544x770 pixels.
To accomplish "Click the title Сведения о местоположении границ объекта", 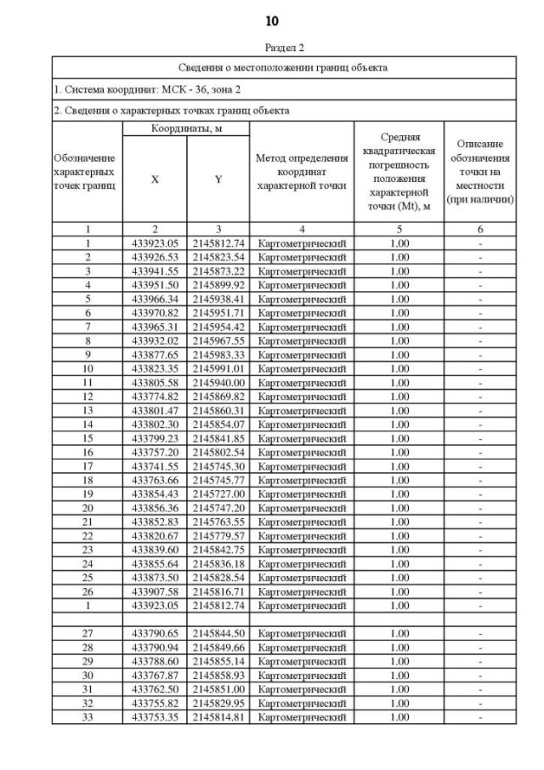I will click(284, 67).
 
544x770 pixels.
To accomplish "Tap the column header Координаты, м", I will click(186, 128).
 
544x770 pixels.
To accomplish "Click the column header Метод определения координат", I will click(302, 172).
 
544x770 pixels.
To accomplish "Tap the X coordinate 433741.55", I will click(155, 466).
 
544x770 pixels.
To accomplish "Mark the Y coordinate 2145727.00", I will click(218, 494).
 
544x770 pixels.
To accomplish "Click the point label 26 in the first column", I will click(88, 593).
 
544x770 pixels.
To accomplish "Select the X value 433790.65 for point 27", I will click(155, 634).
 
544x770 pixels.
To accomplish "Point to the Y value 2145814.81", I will click(218, 717).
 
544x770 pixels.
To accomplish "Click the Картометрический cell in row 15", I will click(302, 438).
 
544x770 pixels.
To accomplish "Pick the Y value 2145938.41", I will click(218, 299).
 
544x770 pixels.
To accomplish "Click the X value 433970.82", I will click(155, 313).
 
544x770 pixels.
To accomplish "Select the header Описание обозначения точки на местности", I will click(480, 172).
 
